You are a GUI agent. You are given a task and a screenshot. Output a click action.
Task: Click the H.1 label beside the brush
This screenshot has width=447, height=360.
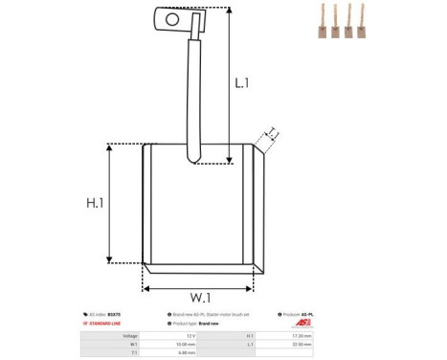94,203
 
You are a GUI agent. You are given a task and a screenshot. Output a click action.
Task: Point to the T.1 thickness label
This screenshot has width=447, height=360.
272,132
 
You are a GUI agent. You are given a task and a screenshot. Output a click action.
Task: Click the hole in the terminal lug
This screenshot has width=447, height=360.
171,17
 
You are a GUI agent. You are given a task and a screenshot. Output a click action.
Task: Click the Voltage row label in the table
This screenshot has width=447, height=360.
131,336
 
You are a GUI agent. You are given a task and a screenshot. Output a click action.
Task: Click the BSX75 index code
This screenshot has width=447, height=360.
114,314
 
